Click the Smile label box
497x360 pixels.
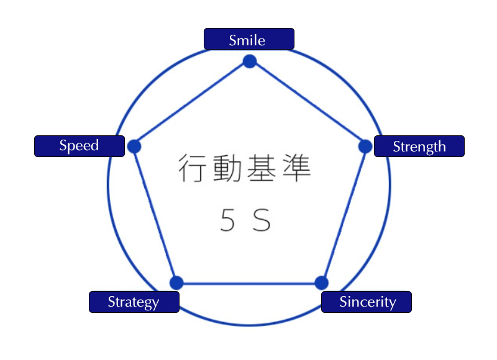(x=248, y=39)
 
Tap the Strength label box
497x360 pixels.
(x=419, y=146)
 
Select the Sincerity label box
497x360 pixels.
(x=367, y=302)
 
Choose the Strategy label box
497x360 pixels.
(x=134, y=302)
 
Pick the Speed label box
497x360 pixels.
(x=79, y=146)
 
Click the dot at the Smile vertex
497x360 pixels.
(x=250, y=61)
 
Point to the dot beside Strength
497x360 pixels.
(x=365, y=146)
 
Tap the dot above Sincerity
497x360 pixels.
(x=321, y=283)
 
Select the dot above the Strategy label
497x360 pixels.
(x=176, y=283)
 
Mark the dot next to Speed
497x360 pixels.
(x=134, y=146)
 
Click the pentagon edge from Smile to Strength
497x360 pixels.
(x=308, y=104)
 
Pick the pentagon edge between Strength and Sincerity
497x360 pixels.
(x=344, y=215)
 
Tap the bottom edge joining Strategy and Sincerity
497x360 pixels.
(x=248, y=284)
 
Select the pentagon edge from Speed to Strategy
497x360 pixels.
(x=155, y=215)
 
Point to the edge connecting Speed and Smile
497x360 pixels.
(x=191, y=104)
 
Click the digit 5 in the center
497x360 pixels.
(x=227, y=220)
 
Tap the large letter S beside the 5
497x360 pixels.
(x=262, y=220)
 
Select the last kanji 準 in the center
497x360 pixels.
(x=296, y=169)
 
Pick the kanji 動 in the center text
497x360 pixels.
(x=226, y=169)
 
